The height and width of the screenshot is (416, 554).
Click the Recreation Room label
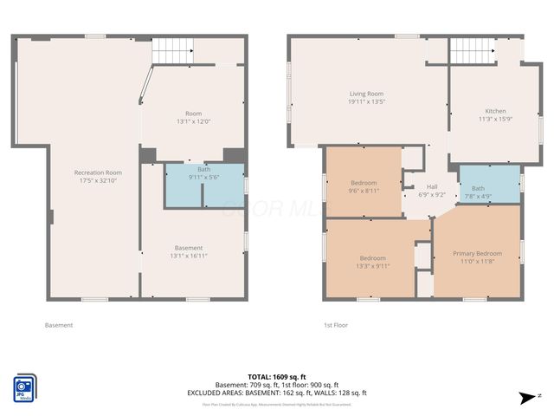tap(97, 172)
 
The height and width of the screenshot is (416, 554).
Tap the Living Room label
tap(366, 94)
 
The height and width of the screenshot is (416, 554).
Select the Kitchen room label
tap(495, 111)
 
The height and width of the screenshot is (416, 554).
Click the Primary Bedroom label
tap(477, 253)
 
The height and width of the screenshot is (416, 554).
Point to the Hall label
tap(431, 186)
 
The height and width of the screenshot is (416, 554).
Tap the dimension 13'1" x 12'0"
tap(193, 121)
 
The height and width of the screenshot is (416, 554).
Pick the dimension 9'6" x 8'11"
tap(364, 191)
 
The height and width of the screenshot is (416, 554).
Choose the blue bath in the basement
tap(204, 185)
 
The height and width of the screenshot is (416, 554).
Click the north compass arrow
tap(525, 398)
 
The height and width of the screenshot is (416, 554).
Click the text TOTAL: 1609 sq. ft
tap(276, 377)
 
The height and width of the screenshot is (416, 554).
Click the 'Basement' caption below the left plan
tap(58, 325)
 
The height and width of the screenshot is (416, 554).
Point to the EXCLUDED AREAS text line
tap(276, 392)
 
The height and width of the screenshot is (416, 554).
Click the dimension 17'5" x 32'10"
tap(97, 180)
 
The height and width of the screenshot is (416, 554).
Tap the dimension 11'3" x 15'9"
tap(495, 119)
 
